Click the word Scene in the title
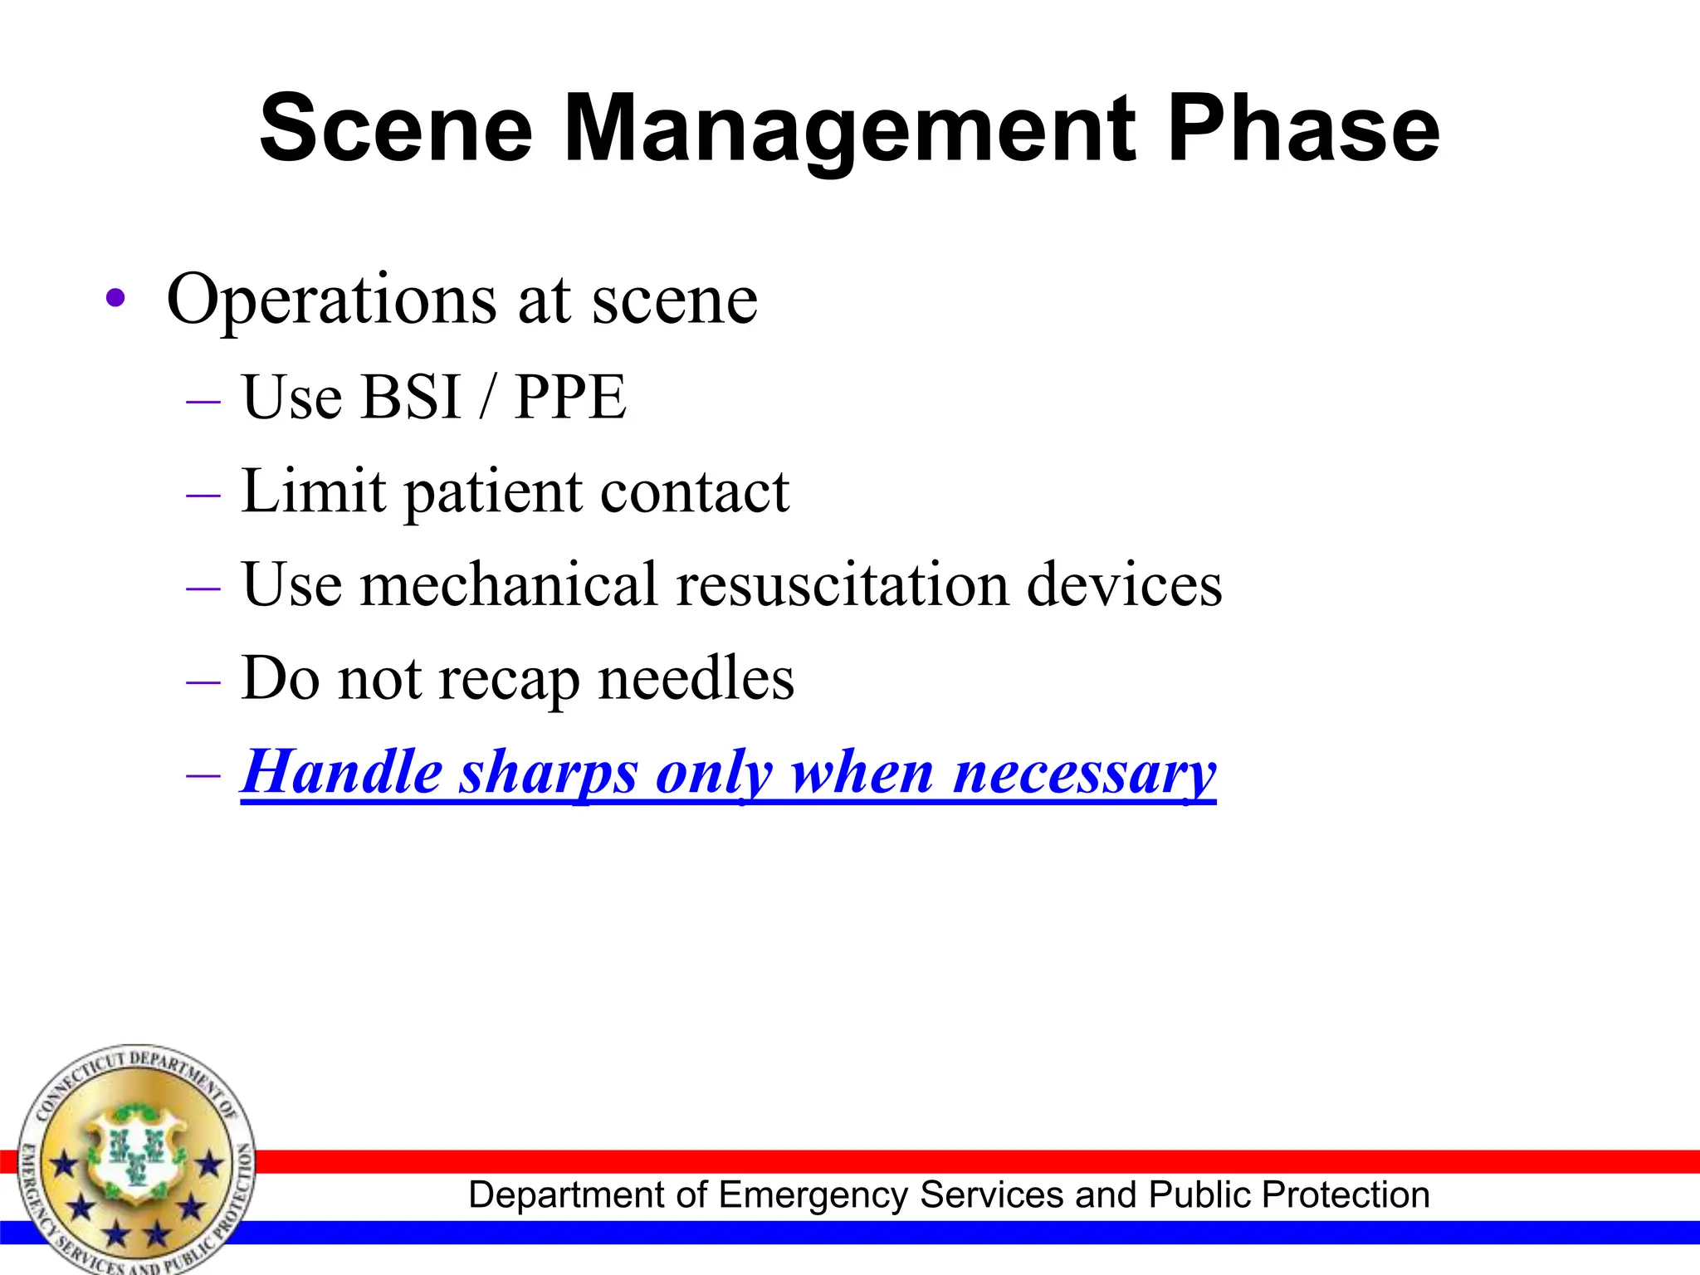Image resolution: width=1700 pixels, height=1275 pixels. (x=396, y=129)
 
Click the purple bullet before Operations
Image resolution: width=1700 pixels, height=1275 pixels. (x=116, y=299)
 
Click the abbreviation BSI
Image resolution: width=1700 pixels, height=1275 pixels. (x=411, y=397)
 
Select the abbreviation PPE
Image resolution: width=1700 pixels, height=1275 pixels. (x=570, y=397)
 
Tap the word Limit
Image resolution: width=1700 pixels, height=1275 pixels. (x=313, y=491)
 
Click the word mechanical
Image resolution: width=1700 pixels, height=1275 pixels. (x=509, y=584)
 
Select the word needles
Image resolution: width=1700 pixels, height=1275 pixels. (x=696, y=678)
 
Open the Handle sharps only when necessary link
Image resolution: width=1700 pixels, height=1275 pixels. (x=728, y=773)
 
